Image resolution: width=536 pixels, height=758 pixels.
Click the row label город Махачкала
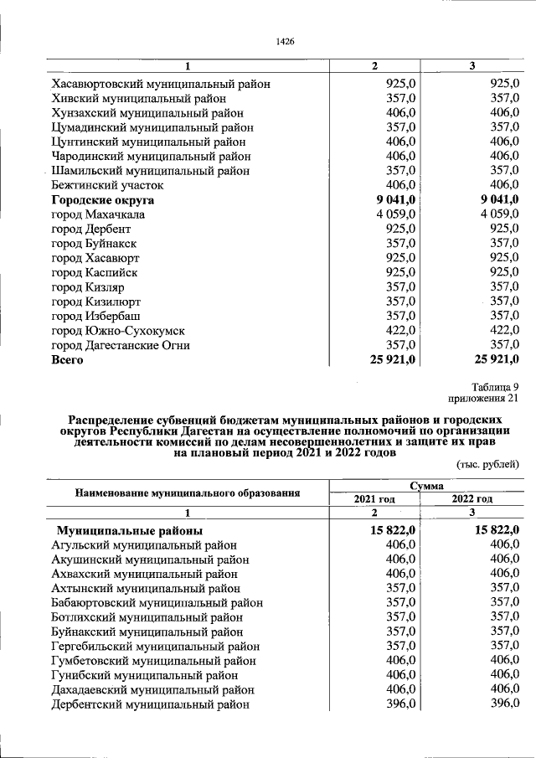tap(98, 215)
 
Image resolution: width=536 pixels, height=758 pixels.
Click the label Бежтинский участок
tap(107, 185)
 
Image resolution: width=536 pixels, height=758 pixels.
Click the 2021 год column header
tap(374, 498)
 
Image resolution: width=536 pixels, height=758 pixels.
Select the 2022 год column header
tap(472, 498)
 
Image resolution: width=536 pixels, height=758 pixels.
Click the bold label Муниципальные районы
tap(128, 530)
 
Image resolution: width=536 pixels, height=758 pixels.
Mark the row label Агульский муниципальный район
tap(143, 545)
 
